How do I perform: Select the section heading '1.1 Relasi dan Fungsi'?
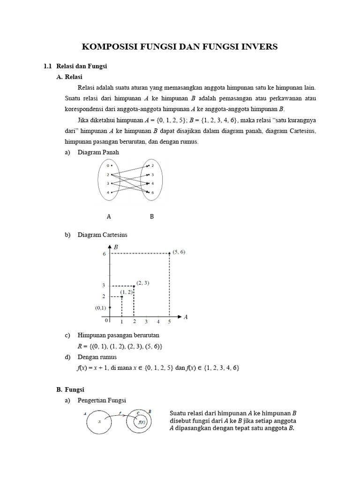tap(81, 66)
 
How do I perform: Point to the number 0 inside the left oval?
tap(107, 165)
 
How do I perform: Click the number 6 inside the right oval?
tap(153, 193)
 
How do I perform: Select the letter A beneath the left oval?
tap(109, 217)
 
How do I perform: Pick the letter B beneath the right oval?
tap(152, 217)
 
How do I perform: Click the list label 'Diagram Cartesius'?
tap(102, 235)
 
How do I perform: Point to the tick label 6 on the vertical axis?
tap(104, 254)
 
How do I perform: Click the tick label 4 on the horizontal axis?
tap(158, 322)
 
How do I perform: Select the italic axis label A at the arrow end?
tap(186, 317)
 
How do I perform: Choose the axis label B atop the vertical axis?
tap(116, 246)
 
